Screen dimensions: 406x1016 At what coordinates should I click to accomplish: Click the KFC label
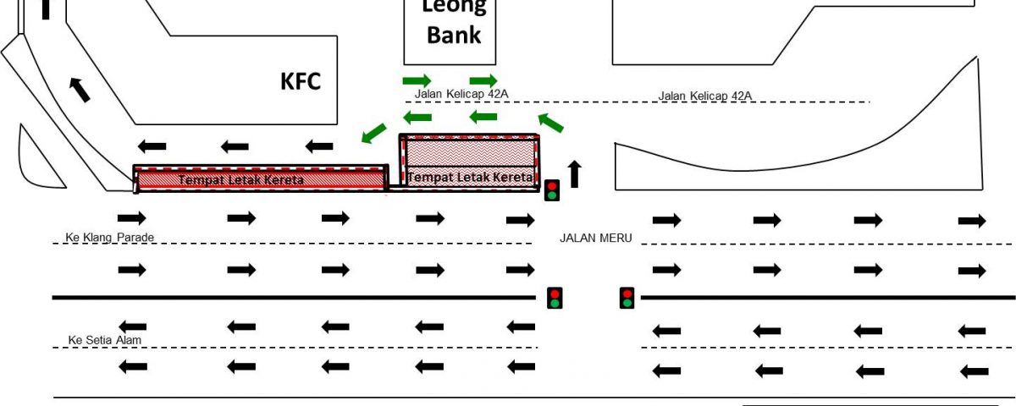[301, 81]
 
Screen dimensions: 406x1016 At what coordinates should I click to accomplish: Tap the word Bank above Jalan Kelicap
[453, 35]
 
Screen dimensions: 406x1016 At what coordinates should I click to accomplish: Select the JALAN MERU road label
[596, 238]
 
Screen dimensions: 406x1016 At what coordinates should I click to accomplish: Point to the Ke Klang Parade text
[110, 237]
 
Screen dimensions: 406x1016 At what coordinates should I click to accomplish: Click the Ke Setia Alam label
[105, 340]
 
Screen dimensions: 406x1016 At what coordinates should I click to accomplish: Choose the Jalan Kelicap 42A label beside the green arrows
[461, 94]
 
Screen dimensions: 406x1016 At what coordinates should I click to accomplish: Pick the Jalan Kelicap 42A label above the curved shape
[705, 96]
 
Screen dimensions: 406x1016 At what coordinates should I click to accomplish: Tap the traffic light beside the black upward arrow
[552, 189]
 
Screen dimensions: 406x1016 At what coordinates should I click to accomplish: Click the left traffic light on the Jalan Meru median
[555, 298]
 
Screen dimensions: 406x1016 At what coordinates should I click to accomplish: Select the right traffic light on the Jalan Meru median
[627, 298]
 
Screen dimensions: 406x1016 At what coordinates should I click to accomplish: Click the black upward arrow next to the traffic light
[575, 174]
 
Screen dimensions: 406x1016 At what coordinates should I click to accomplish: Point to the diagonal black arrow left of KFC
[80, 88]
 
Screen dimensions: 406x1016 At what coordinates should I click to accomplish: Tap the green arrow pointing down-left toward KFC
[373, 133]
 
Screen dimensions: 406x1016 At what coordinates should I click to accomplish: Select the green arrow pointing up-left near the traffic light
[550, 123]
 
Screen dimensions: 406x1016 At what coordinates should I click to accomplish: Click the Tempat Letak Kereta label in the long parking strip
[240, 180]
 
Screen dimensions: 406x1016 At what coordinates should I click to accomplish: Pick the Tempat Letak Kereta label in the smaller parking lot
[470, 177]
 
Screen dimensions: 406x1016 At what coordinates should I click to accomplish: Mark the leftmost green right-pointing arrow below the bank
[417, 80]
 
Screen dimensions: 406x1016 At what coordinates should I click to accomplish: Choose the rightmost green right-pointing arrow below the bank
[483, 80]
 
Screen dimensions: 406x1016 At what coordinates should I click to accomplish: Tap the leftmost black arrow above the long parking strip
[152, 145]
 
